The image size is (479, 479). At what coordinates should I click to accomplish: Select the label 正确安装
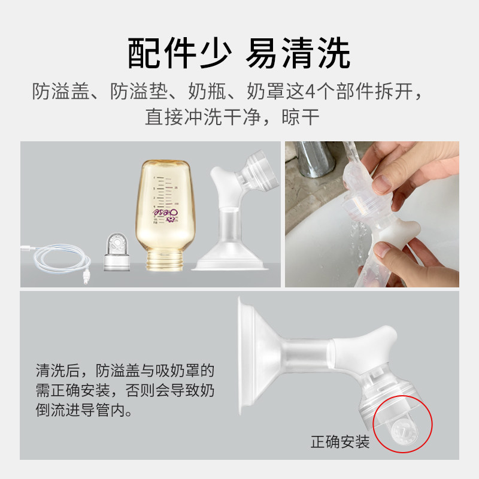[339, 442]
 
